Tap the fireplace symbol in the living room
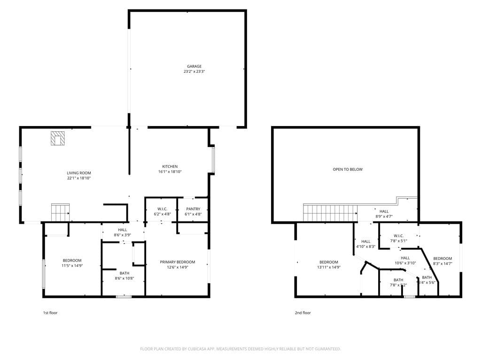click(x=58, y=139)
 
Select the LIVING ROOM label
click(x=78, y=176)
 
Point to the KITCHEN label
click(x=170, y=169)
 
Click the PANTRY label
click(x=193, y=212)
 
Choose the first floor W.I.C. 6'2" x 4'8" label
click(x=162, y=212)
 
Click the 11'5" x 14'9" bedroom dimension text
click(x=72, y=266)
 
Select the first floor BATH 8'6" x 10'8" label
click(x=124, y=275)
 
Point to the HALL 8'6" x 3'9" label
click(x=122, y=232)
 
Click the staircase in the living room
click(x=60, y=212)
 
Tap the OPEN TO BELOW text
click(x=348, y=169)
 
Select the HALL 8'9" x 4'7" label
click(x=384, y=214)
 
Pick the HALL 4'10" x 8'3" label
click(x=365, y=244)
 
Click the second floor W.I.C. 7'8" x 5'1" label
click(x=398, y=238)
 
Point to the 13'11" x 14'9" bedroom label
click(x=328, y=265)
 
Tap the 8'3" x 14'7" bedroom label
click(x=442, y=261)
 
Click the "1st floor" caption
click(x=50, y=313)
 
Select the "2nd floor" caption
click(x=303, y=313)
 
